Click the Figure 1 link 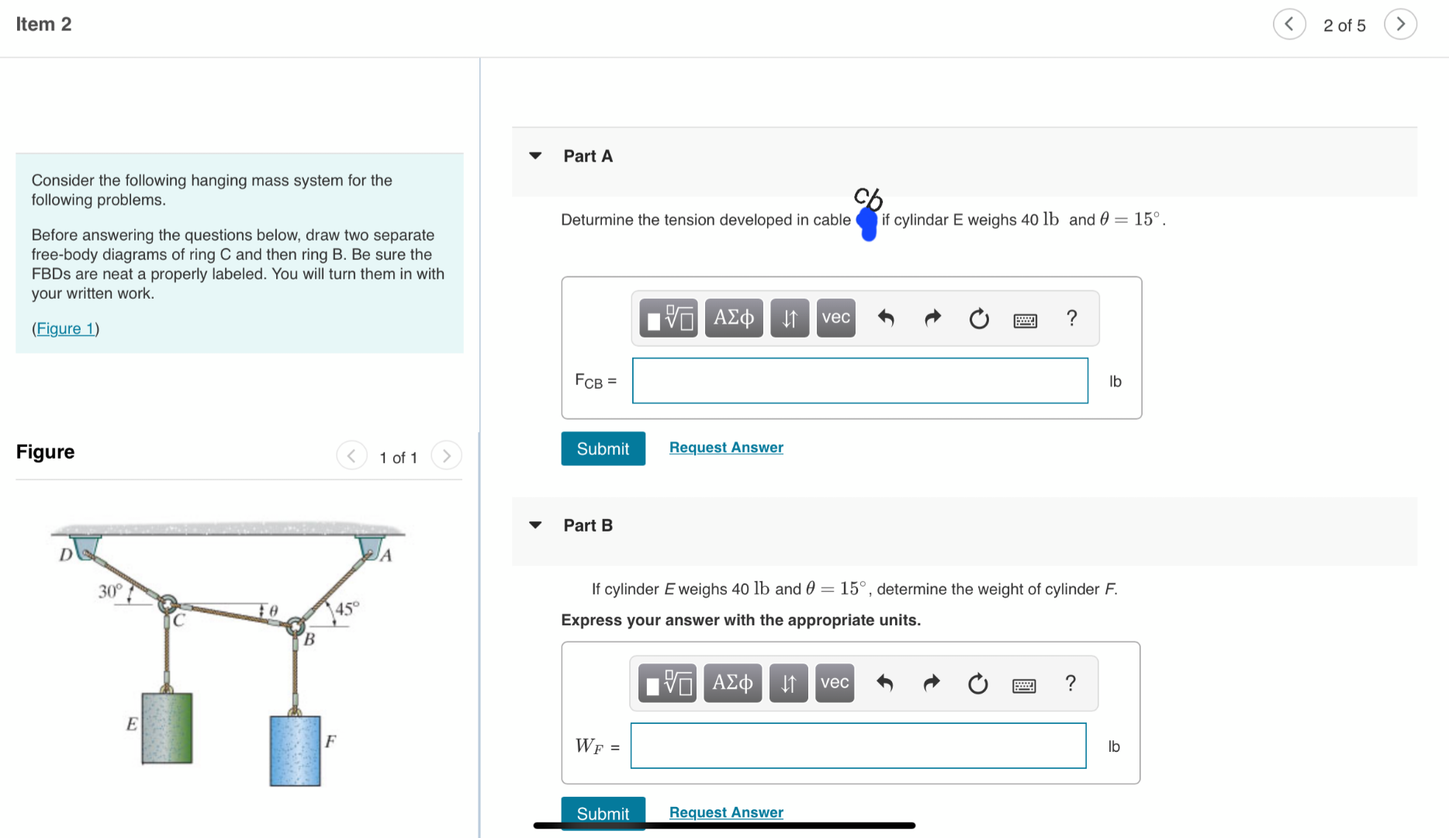pyautogui.click(x=65, y=328)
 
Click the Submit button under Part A pyautogui.click(x=603, y=448)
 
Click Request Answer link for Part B pyautogui.click(x=726, y=812)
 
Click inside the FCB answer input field pyautogui.click(x=859, y=381)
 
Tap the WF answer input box pyautogui.click(x=858, y=746)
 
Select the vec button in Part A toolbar pyautogui.click(x=835, y=318)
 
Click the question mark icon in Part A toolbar pyautogui.click(x=1071, y=318)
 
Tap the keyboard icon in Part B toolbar pyautogui.click(x=1023, y=684)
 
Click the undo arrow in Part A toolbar pyautogui.click(x=885, y=318)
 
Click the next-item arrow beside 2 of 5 pyautogui.click(x=1400, y=25)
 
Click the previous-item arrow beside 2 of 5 pyautogui.click(x=1289, y=25)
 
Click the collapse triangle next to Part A pyautogui.click(x=535, y=156)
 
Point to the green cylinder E pyautogui.click(x=167, y=728)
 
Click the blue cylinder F pyautogui.click(x=295, y=750)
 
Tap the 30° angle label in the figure pyautogui.click(x=110, y=591)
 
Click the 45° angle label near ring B pyautogui.click(x=347, y=608)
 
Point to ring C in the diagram pyautogui.click(x=168, y=604)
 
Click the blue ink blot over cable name pyautogui.click(x=867, y=223)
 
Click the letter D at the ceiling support pyautogui.click(x=66, y=554)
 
